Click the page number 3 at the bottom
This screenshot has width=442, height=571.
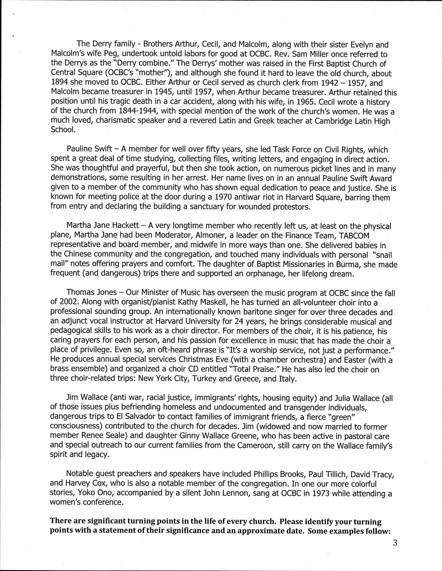[x=395, y=542]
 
